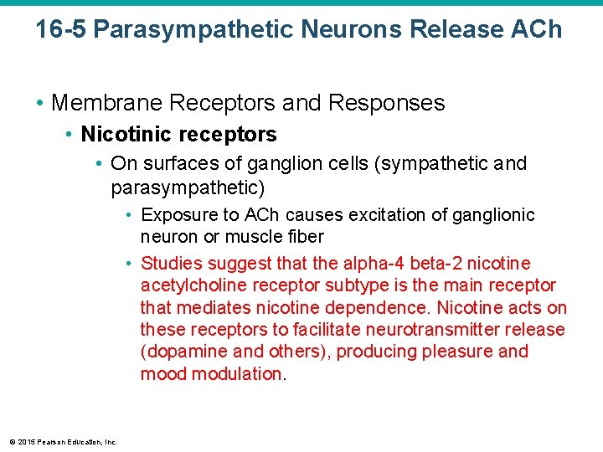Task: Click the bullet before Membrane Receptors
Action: click(40, 103)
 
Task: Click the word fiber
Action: click(305, 237)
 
